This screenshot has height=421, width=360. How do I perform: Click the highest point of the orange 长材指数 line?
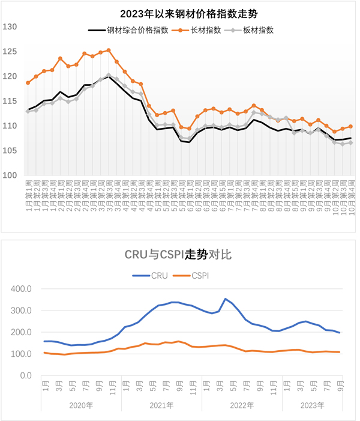point(109,50)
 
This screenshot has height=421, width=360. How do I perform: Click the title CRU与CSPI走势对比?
point(178,255)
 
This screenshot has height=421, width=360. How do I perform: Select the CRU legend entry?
point(151,276)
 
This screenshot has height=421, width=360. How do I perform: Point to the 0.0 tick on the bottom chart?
point(27,375)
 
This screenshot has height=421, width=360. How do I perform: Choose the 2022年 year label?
point(242,405)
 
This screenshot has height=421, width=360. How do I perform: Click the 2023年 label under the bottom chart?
point(313,405)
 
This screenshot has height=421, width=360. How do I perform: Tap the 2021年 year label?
point(161,405)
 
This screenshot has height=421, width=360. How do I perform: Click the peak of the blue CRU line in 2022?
point(226,298)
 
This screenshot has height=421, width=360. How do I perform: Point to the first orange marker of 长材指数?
point(28,83)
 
